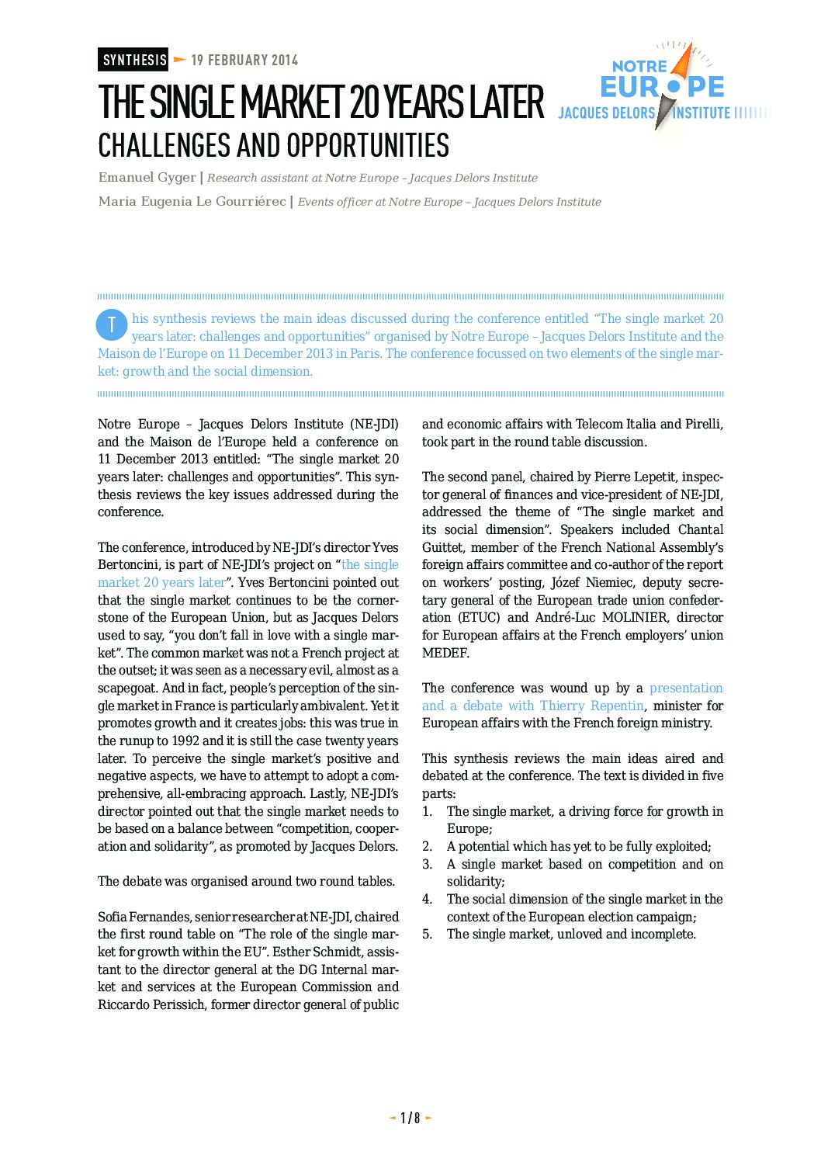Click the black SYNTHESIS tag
coord(133,60)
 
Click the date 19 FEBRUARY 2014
coord(244,60)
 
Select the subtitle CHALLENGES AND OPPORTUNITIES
coord(273,145)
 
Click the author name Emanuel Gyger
coord(147,178)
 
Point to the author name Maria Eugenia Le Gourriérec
coord(192,202)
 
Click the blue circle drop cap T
coord(111,325)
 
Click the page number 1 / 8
coord(410,1118)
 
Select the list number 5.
coord(427,935)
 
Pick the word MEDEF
coord(445,654)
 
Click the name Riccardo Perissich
coord(152,1005)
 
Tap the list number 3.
coord(427,865)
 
